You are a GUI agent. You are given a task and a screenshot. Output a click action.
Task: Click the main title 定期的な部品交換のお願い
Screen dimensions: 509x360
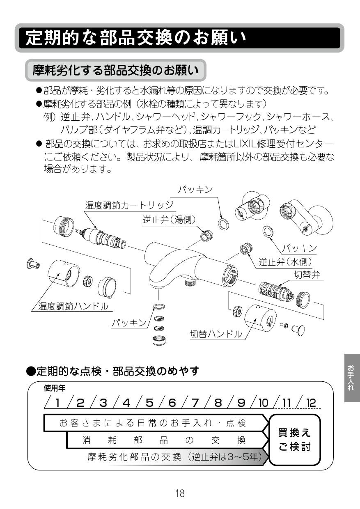(x=135, y=38)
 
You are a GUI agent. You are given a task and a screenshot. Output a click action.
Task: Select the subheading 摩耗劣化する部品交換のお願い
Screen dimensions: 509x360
(x=115, y=71)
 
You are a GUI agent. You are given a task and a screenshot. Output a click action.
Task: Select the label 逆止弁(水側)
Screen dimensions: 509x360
(x=285, y=261)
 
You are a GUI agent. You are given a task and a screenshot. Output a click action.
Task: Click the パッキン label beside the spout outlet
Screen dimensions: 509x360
(x=129, y=323)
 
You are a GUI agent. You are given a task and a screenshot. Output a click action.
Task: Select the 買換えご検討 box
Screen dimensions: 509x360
(x=294, y=440)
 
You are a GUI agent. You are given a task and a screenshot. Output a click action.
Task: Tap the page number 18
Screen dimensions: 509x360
(x=180, y=493)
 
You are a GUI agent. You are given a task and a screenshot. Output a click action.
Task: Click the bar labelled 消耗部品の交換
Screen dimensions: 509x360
(x=164, y=440)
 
